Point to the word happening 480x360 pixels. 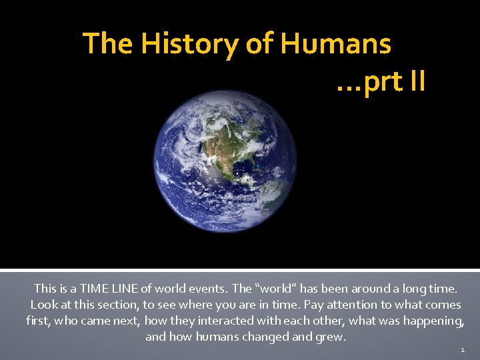tap(437, 321)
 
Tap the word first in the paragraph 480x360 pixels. tap(37, 321)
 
